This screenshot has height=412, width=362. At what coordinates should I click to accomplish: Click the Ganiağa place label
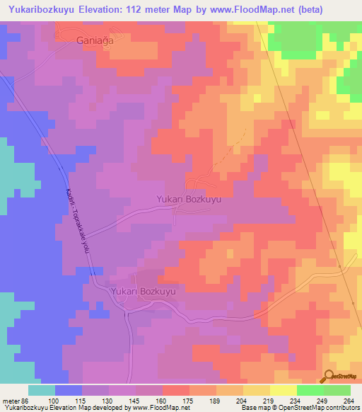95,41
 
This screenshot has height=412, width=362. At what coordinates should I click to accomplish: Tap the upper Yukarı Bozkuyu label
189,200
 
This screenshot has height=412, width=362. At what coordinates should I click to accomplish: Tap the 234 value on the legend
297,400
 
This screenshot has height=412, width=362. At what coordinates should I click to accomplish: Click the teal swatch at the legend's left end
42,390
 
